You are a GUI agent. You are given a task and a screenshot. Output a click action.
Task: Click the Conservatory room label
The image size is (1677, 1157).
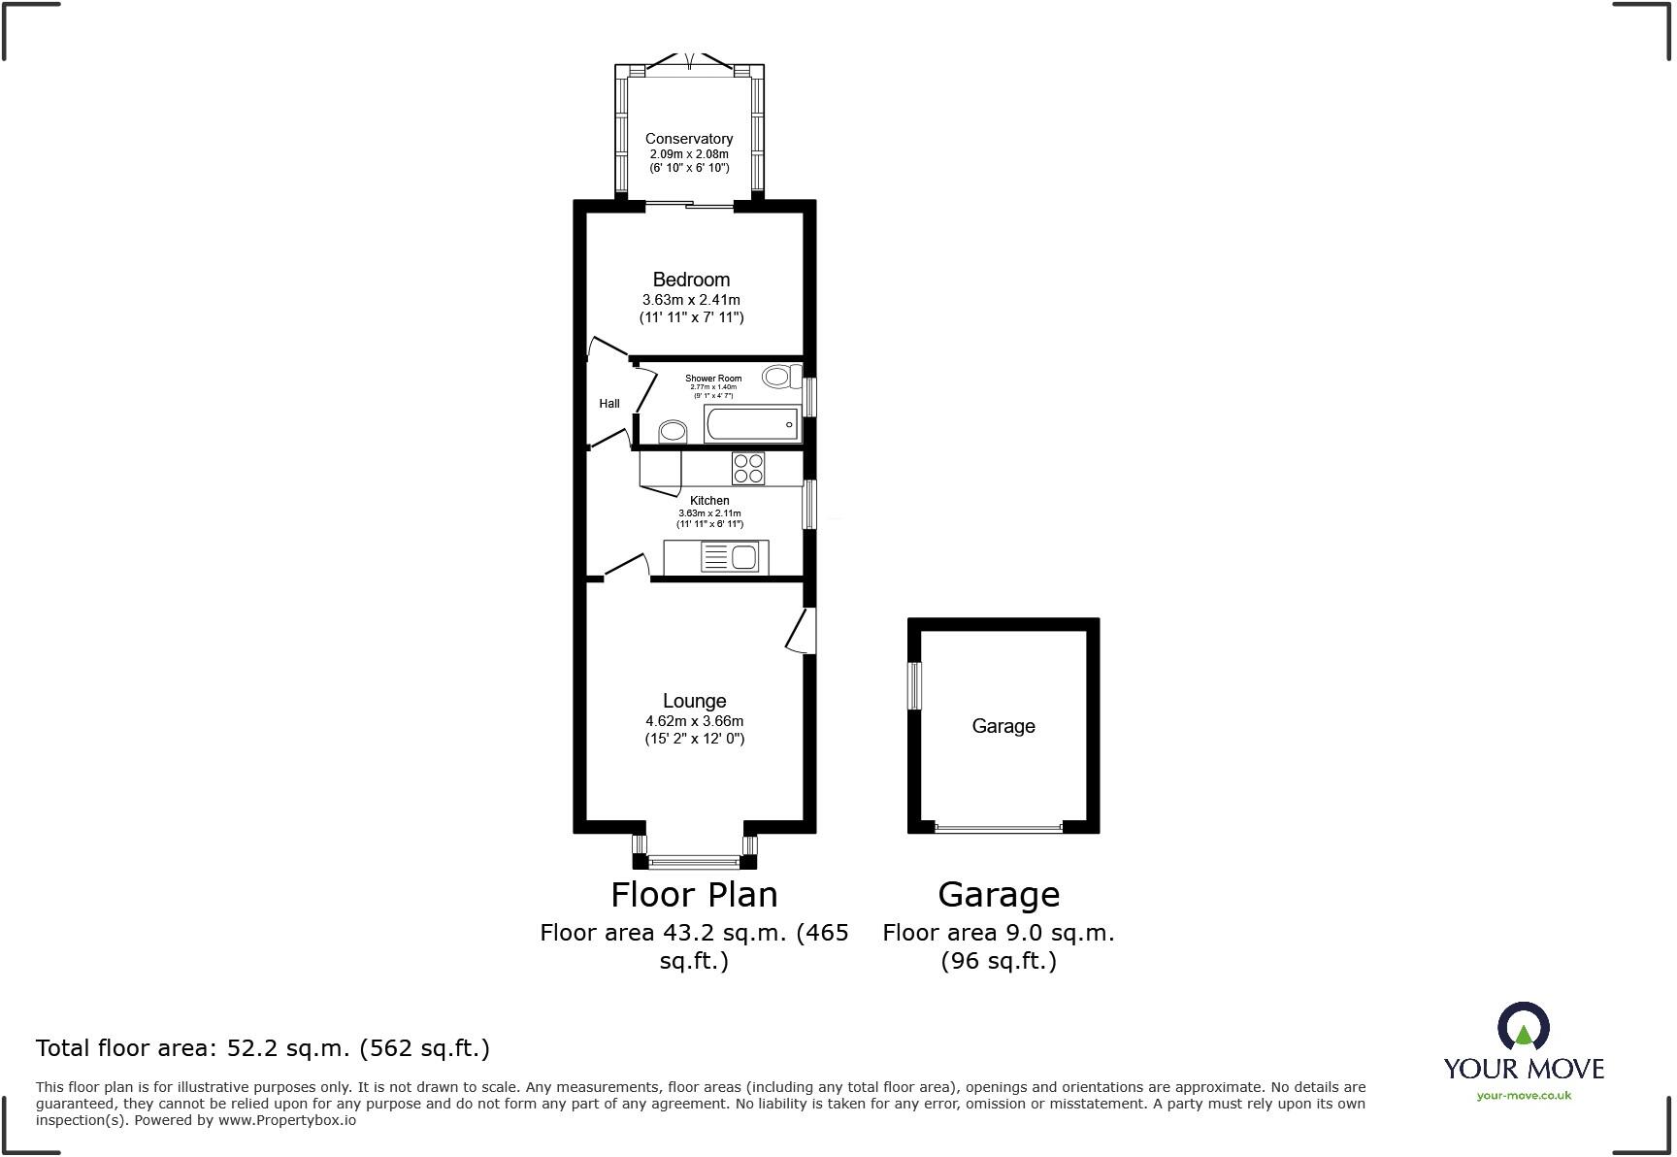coord(688,139)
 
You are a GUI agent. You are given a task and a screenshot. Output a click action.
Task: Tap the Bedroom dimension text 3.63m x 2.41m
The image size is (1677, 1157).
coord(691,300)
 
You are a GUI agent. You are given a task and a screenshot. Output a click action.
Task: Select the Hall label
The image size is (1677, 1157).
coord(608,404)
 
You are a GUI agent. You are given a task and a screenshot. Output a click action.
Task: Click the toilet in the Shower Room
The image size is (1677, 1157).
coord(780,377)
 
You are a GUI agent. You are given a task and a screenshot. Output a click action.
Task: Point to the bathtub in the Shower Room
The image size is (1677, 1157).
coord(752,425)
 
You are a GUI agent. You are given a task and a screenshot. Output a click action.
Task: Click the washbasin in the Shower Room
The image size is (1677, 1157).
coord(672,431)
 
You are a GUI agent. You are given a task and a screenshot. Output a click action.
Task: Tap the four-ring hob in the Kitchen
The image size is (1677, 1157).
coord(748,469)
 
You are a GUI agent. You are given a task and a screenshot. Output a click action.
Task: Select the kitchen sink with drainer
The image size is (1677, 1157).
coord(730,557)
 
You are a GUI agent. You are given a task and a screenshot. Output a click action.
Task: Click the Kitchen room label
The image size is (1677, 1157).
coord(709,501)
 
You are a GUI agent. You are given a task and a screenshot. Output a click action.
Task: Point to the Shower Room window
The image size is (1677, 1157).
coord(810,396)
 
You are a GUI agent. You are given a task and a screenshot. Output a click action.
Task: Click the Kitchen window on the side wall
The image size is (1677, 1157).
coord(809,505)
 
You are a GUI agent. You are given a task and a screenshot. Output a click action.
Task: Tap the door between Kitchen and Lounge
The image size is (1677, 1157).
coord(626,567)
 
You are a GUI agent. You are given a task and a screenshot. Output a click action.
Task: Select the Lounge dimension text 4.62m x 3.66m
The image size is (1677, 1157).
coord(694,721)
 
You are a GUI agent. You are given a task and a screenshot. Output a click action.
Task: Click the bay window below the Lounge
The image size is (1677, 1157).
coord(693,860)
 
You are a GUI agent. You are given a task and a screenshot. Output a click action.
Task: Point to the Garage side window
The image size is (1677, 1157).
coord(914,685)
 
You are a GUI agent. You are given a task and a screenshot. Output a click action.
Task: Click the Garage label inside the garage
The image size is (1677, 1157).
coord(1003,726)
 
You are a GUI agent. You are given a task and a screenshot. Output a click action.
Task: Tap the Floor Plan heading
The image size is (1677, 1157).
coord(694,894)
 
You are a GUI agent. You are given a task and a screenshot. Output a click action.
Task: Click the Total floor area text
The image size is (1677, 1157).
coord(262,1048)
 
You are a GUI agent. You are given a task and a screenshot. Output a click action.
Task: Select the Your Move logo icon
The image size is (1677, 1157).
coord(1523,1027)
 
